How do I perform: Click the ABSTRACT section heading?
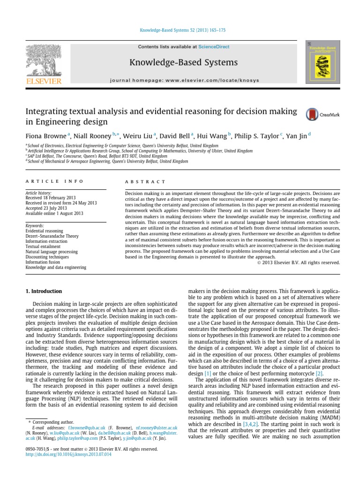pyautogui.click(x=145, y=181)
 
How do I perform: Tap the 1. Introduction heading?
pyautogui.click(x=43, y=292)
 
